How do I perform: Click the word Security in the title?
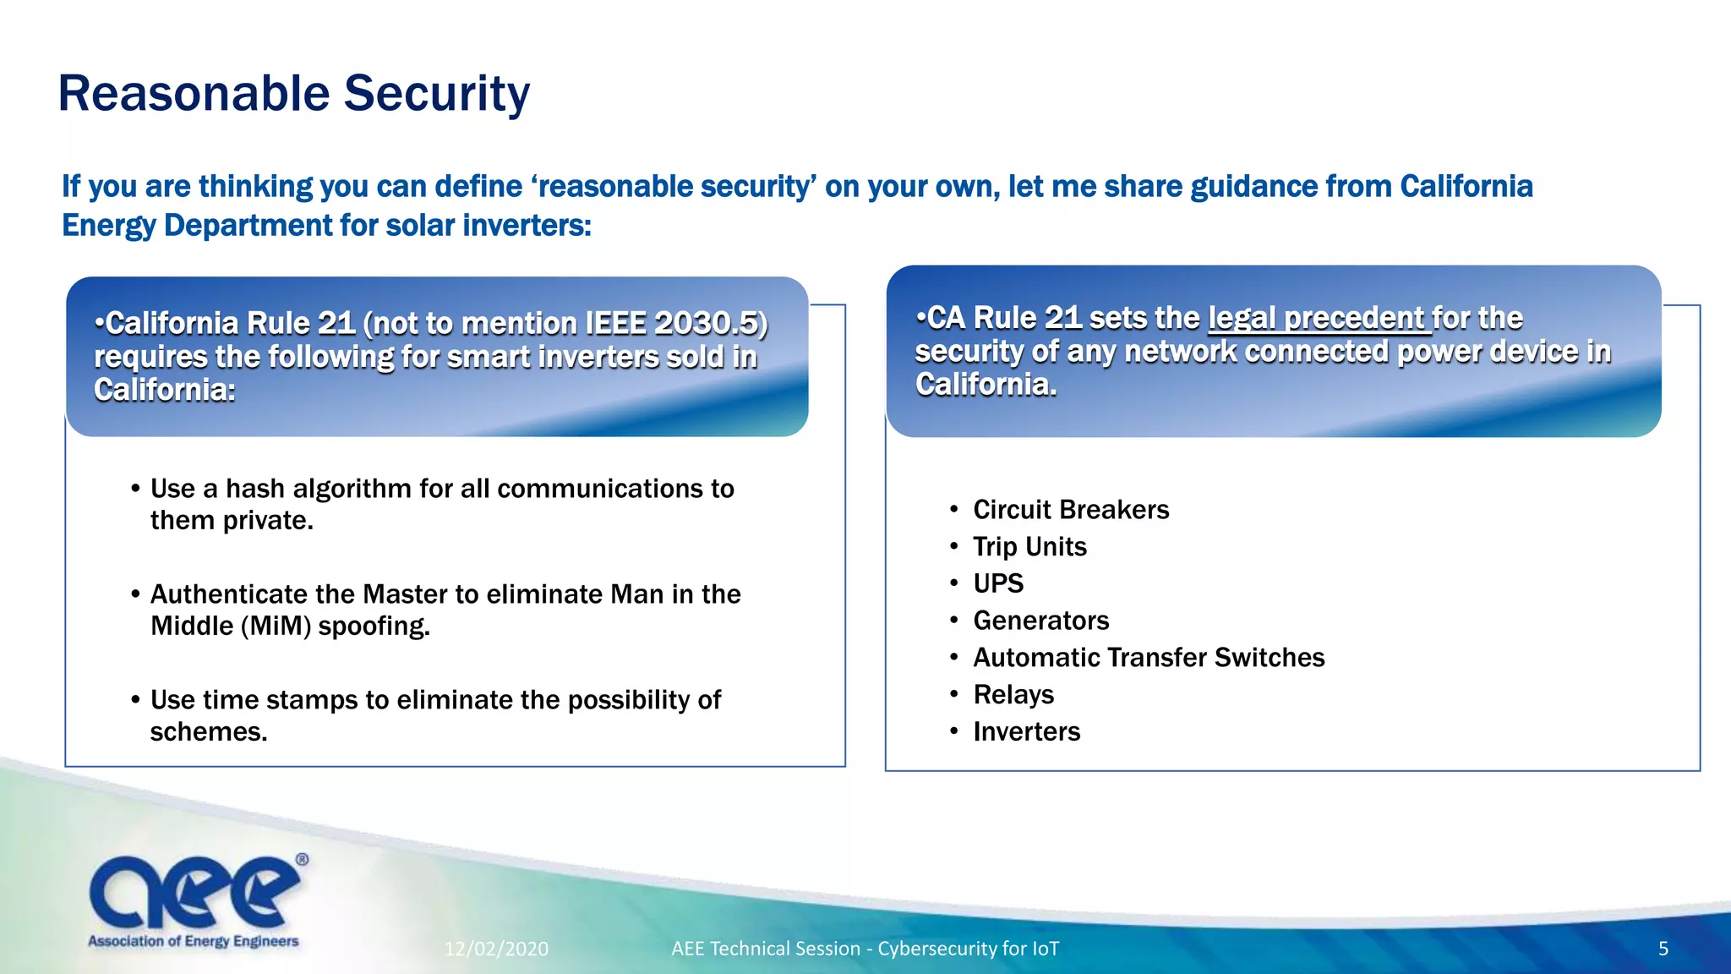click(x=436, y=94)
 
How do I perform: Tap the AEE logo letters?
click(x=194, y=892)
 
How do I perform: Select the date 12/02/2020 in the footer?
click(x=496, y=949)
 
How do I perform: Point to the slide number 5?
click(x=1663, y=949)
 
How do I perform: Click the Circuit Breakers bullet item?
click(x=1070, y=510)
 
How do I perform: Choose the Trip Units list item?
click(x=1029, y=547)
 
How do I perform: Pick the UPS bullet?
click(x=997, y=583)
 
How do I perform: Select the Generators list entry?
click(x=1040, y=621)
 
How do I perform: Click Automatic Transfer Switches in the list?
click(x=1148, y=658)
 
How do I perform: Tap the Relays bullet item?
click(x=1013, y=695)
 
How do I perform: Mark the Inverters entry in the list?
click(x=1026, y=731)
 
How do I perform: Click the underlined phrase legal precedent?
click(x=1317, y=319)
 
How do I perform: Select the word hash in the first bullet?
click(x=254, y=489)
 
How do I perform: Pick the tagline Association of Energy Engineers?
click(x=194, y=941)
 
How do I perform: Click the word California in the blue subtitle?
click(x=1466, y=187)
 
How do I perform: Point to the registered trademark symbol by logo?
click(x=302, y=860)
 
